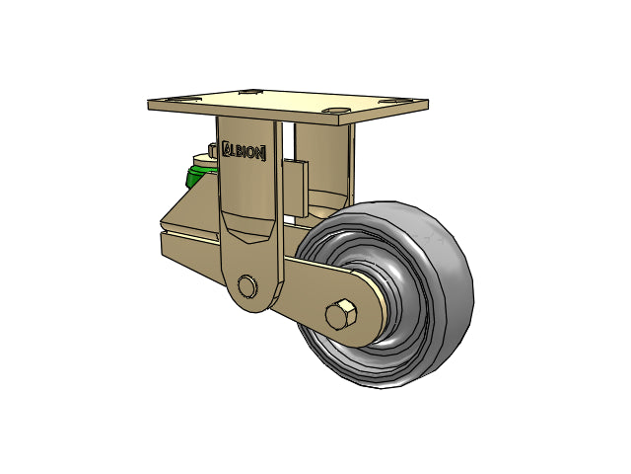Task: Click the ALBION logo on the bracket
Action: (244, 151)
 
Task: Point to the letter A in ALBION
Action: (228, 148)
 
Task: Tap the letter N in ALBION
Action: (259, 154)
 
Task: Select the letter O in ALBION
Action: (251, 152)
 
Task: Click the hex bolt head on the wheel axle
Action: (341, 314)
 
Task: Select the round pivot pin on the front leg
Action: (247, 286)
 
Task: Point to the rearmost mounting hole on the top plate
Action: (250, 92)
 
